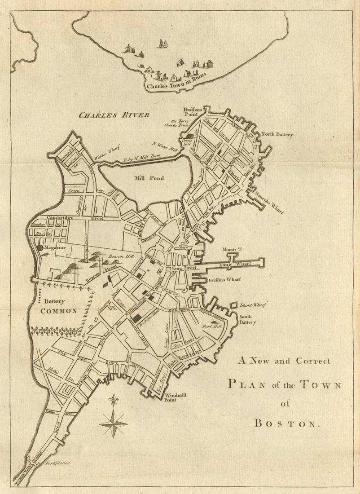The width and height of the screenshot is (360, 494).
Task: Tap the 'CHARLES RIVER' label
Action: [114, 115]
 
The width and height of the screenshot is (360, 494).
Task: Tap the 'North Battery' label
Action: [277, 134]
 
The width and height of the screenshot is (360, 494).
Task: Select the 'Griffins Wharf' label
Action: [224, 279]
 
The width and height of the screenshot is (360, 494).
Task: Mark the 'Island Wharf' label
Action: [253, 305]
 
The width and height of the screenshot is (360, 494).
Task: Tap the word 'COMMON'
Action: [59, 311]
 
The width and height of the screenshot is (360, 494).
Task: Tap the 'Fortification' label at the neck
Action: [57, 463]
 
